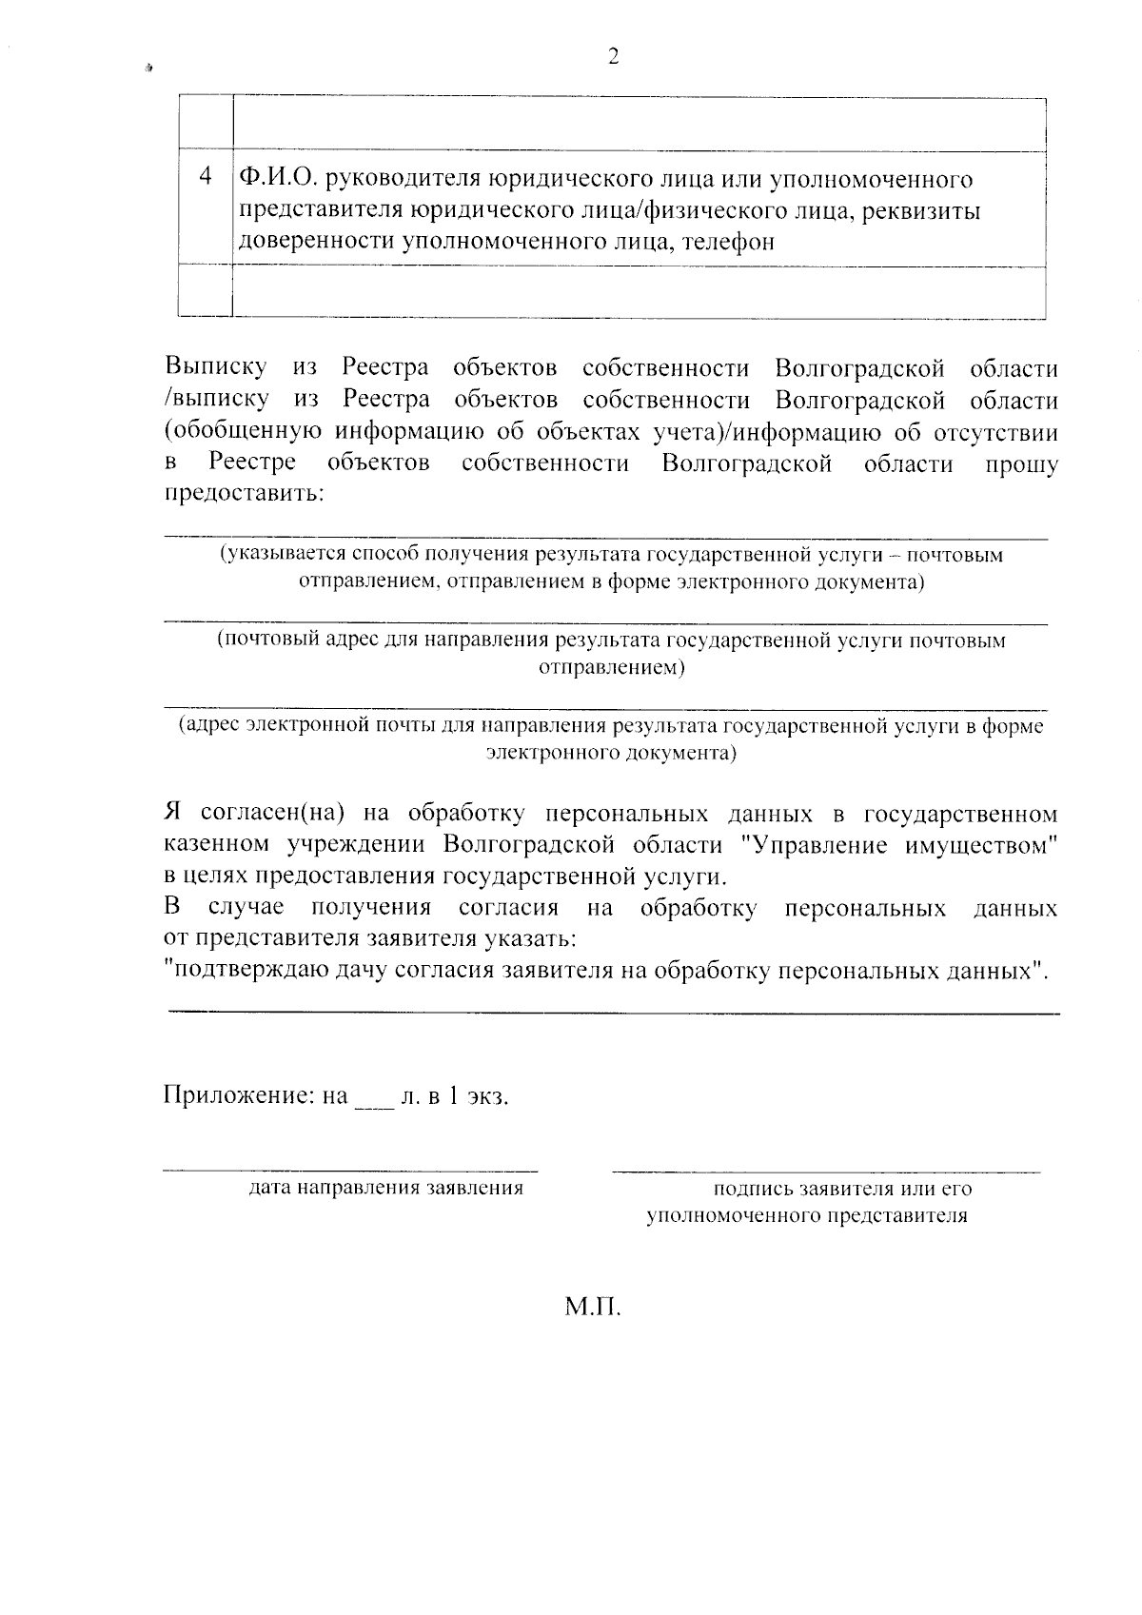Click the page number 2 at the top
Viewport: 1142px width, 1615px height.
coord(613,57)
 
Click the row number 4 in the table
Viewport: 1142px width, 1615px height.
coord(206,177)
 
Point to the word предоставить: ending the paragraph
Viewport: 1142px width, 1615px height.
coord(244,495)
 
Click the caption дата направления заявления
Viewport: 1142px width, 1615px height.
coord(385,1188)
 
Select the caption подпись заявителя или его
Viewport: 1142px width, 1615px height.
coord(842,1188)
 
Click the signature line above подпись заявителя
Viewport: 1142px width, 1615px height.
coord(825,1171)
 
